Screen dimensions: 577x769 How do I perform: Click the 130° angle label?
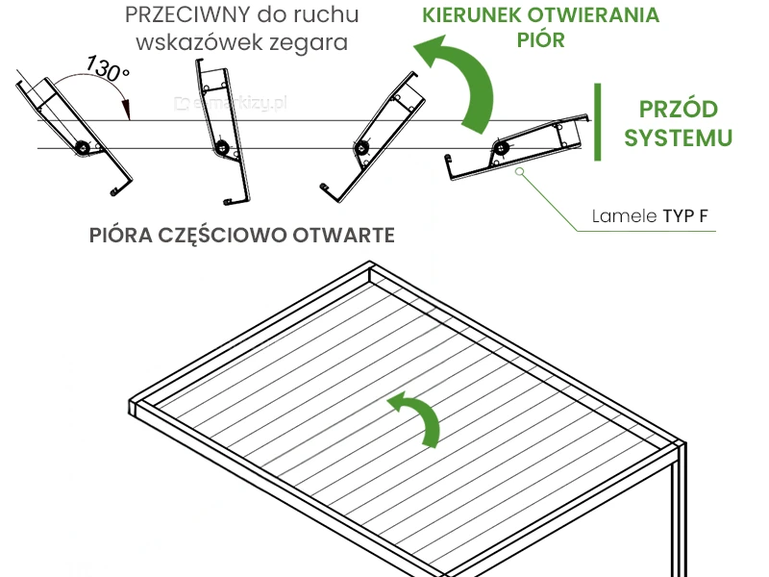[x=107, y=69]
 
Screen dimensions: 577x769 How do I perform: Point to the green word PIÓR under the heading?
[x=540, y=40]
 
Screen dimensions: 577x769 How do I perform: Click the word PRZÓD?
[x=678, y=109]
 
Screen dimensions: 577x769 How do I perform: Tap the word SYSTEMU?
[x=678, y=138]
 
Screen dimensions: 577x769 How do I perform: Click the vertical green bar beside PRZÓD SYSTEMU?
[x=598, y=122]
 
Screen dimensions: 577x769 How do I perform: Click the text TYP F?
[x=685, y=216]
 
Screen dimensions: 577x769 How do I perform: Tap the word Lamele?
[x=626, y=216]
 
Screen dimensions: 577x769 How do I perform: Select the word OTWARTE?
[x=346, y=236]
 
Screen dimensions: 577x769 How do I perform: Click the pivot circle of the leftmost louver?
[x=83, y=148]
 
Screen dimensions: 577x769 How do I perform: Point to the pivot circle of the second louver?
[x=222, y=148]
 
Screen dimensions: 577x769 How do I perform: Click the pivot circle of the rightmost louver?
[x=499, y=148]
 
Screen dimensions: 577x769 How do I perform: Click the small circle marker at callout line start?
[x=519, y=172]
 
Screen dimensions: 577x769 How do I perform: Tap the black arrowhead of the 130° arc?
[x=126, y=108]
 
